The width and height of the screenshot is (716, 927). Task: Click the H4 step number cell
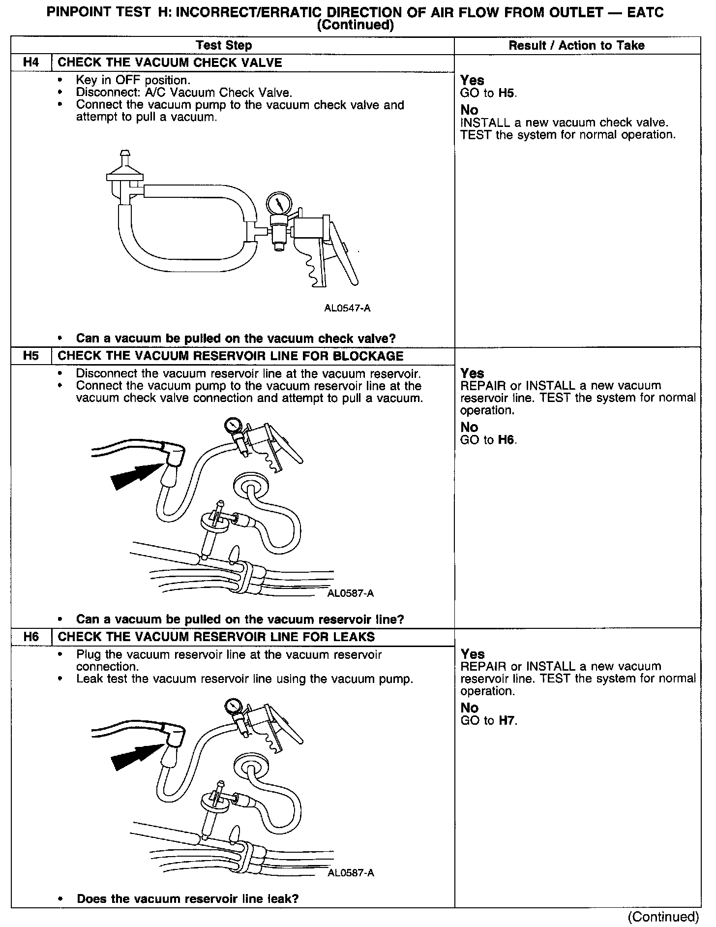(x=30, y=62)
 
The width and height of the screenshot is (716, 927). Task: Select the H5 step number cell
(x=30, y=356)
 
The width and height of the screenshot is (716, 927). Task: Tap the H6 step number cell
(x=30, y=636)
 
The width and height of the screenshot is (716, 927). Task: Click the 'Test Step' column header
(x=224, y=45)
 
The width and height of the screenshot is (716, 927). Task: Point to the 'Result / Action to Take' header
(x=576, y=45)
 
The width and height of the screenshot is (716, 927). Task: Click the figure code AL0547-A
(x=347, y=309)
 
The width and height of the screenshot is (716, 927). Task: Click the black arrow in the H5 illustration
(x=135, y=475)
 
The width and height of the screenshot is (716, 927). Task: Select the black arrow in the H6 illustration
(x=135, y=755)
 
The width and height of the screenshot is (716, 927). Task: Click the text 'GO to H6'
(x=488, y=439)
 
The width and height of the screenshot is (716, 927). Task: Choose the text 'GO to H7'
(x=488, y=720)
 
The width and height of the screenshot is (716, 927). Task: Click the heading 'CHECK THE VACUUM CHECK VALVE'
(x=170, y=62)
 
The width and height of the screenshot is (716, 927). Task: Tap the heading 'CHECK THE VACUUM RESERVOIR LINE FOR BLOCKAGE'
(x=231, y=356)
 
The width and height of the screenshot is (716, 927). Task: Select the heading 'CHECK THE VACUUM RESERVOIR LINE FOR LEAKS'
(x=216, y=636)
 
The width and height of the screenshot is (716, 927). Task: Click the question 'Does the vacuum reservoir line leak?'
(x=188, y=898)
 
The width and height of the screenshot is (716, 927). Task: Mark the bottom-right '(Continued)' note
(x=663, y=916)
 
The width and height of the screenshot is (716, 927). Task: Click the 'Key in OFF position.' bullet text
(x=133, y=80)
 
